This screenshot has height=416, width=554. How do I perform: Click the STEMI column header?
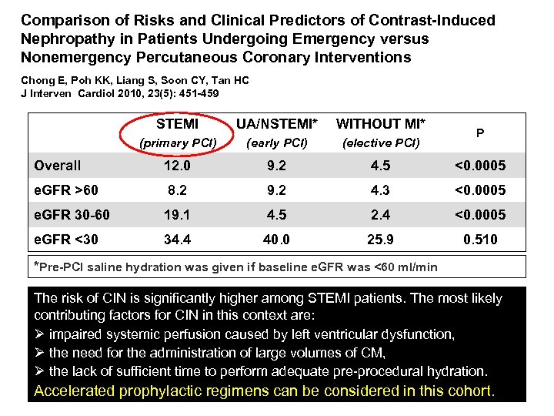coord(177,123)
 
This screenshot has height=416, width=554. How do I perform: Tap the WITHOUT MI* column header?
coord(381,123)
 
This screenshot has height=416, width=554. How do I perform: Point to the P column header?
coord(480,133)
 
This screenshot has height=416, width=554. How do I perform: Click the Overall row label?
coord(58,166)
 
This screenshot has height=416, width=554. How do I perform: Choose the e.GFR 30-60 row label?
coord(72,215)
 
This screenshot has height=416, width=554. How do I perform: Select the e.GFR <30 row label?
coord(66,240)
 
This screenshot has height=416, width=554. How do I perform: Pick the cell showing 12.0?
coord(177,166)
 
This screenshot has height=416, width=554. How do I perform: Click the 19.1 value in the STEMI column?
coord(177,215)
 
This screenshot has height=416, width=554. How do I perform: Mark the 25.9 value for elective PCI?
coord(381,240)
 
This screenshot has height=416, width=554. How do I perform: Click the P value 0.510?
coord(480,240)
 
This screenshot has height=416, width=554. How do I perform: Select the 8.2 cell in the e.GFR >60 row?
coord(177,190)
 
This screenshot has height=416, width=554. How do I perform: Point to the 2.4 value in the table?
coord(381,215)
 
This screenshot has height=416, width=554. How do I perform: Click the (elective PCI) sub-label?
coord(381,143)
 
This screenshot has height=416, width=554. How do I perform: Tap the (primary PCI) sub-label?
coord(177,143)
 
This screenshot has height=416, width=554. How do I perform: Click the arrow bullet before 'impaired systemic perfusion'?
coord(40,334)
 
